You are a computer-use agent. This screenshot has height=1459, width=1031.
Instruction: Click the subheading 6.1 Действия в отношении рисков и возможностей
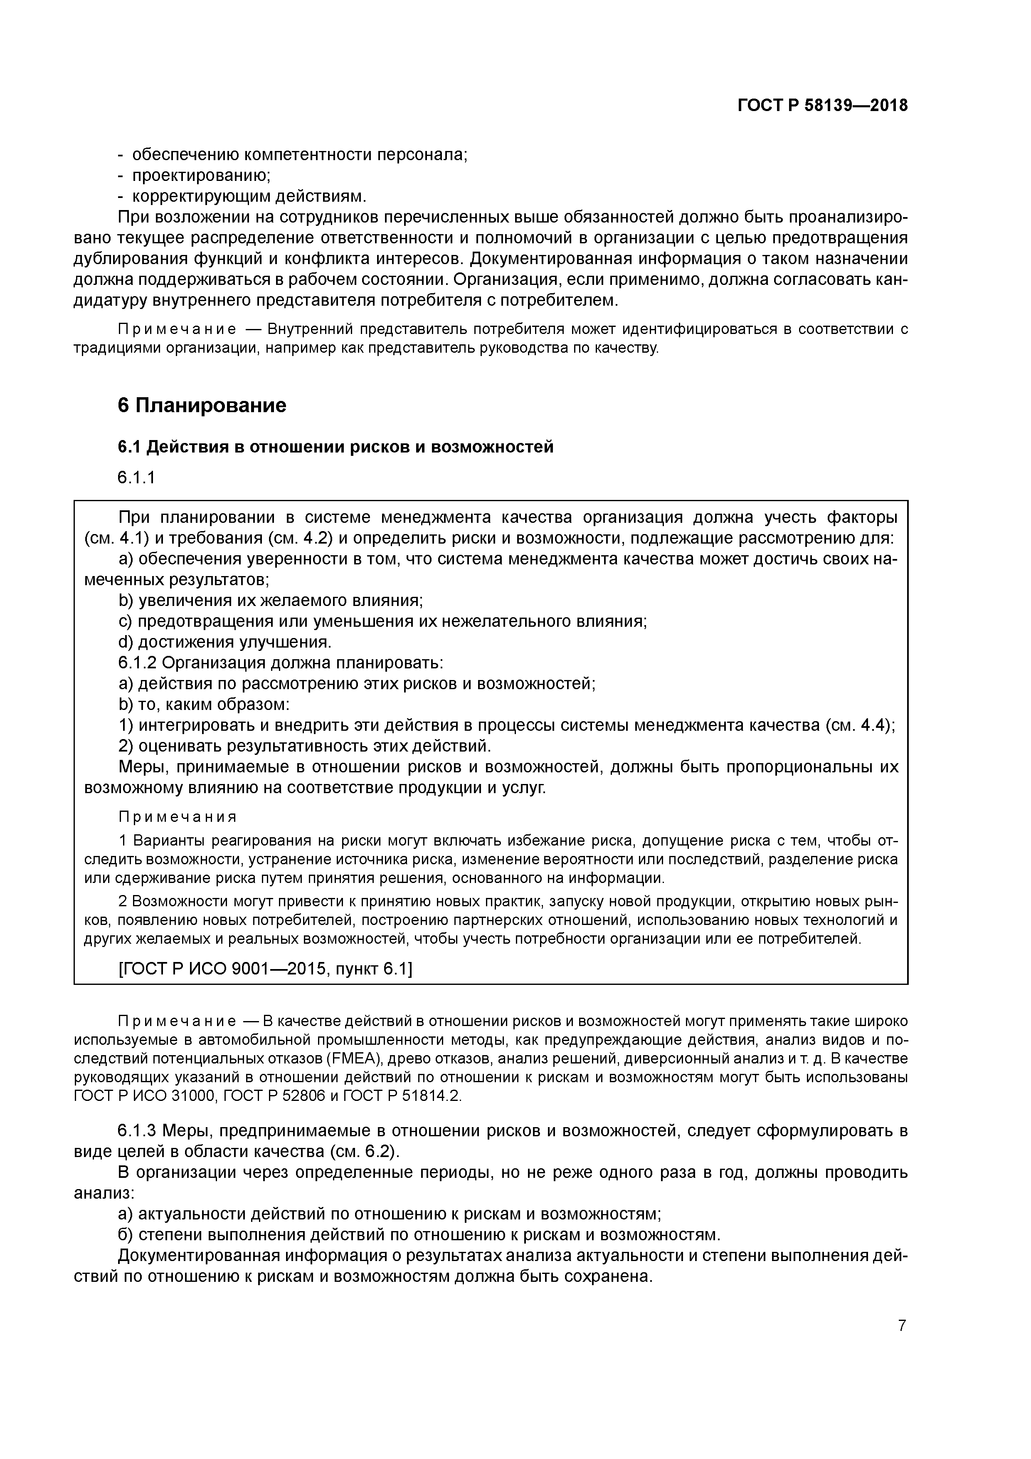335,447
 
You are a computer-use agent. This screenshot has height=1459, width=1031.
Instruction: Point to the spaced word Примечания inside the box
178,816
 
